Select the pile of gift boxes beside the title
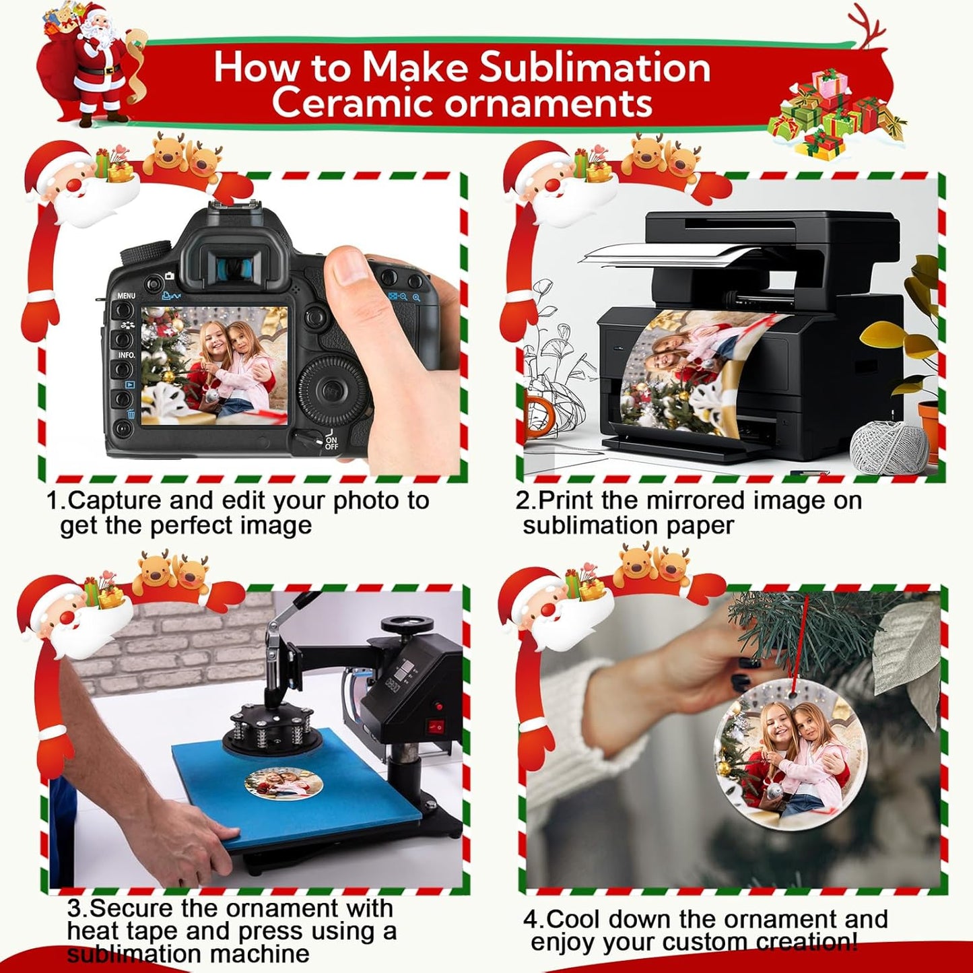(835, 114)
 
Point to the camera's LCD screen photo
(214, 365)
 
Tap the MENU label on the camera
(126, 296)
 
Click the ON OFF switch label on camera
(331, 442)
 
